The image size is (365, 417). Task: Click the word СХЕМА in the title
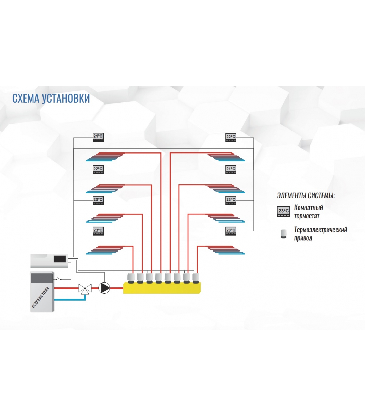coord(26,99)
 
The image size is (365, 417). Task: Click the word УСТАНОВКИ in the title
coord(66,99)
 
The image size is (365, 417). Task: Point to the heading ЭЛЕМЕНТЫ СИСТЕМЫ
coord(306,195)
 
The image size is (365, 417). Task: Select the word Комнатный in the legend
coord(308,207)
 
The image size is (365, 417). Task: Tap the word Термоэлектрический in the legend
coord(321,230)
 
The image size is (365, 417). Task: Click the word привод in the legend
coord(303,238)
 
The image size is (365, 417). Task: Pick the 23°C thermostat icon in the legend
coord(283,212)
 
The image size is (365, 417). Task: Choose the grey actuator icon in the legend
coord(283,234)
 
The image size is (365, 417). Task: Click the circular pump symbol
coord(104,288)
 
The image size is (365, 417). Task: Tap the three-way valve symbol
coord(85,289)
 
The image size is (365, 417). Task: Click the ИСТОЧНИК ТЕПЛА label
coord(40,297)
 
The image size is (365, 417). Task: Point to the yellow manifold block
coord(162,288)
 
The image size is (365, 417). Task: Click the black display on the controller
coord(60,259)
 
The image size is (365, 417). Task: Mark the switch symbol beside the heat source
coord(59,279)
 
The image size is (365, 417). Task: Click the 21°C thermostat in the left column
coord(98,137)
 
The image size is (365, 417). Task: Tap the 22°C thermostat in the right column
coord(231,137)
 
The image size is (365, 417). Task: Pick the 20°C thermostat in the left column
coord(98,200)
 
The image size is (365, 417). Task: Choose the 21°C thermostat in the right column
coord(231,170)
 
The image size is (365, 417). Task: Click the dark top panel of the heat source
coord(42,278)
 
